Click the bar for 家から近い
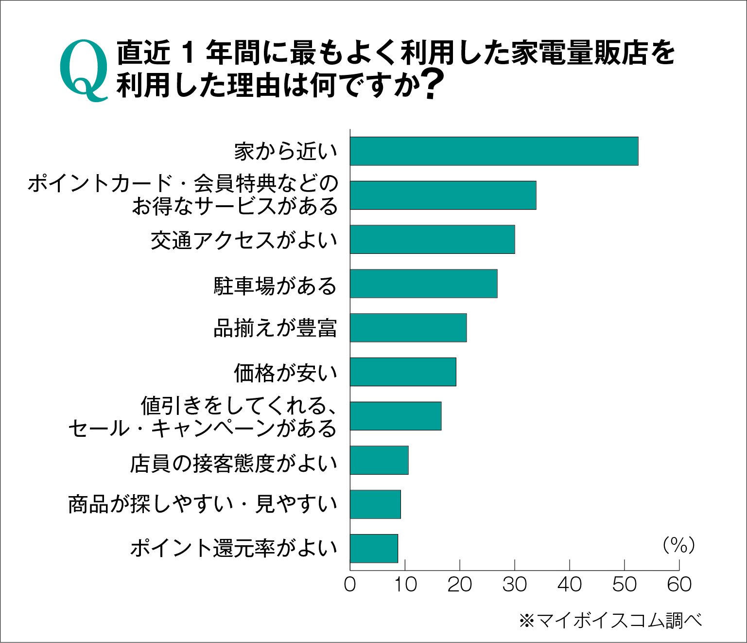click(x=494, y=151)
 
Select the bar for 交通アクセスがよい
click(x=432, y=239)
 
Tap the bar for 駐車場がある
click(x=423, y=284)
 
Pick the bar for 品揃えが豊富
click(x=408, y=328)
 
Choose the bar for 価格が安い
click(x=403, y=372)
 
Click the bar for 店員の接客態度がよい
click(x=379, y=460)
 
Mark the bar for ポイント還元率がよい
click(x=374, y=549)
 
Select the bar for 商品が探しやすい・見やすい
click(x=375, y=504)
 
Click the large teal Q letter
click(x=84, y=70)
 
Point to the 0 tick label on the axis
click(x=350, y=585)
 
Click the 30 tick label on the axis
click(x=514, y=585)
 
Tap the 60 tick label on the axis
click(x=679, y=585)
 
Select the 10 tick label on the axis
click(x=405, y=585)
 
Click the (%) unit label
click(x=678, y=545)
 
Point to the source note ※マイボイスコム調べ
click(x=610, y=621)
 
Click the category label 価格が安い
click(x=285, y=373)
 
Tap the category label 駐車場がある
click(x=275, y=286)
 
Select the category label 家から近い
click(x=285, y=152)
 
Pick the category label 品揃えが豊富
click(x=275, y=329)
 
